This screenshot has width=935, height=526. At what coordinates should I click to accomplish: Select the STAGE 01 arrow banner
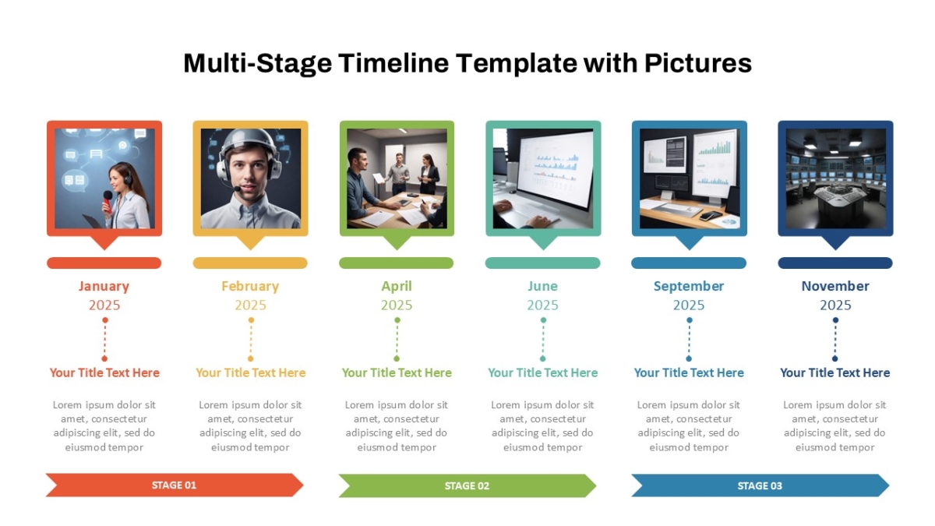(x=175, y=485)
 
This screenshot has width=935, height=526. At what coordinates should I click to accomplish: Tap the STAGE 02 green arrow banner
(x=467, y=486)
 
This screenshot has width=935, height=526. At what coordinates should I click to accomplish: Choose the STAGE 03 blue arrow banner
(x=760, y=486)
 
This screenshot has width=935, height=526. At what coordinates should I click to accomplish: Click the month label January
(x=104, y=286)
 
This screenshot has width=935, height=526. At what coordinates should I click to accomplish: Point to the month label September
(x=689, y=287)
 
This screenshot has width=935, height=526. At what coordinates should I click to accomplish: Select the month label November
(x=835, y=286)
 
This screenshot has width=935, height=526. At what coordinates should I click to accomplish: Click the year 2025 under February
(x=250, y=305)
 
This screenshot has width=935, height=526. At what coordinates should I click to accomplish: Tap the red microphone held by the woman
(x=108, y=202)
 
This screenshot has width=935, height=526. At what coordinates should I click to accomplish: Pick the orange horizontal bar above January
(x=104, y=263)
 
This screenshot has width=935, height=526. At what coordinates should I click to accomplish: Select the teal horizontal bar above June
(x=542, y=263)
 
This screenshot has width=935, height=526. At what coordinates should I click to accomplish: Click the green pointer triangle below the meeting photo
(x=397, y=242)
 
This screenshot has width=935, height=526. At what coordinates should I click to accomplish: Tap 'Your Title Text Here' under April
(x=397, y=372)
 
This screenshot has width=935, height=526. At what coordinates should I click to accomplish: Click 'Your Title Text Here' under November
(x=835, y=372)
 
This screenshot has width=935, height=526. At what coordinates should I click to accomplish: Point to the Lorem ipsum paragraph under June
(x=542, y=425)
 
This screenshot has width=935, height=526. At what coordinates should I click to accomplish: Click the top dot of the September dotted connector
(x=689, y=320)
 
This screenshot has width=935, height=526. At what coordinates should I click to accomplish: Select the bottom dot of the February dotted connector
(x=250, y=358)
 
